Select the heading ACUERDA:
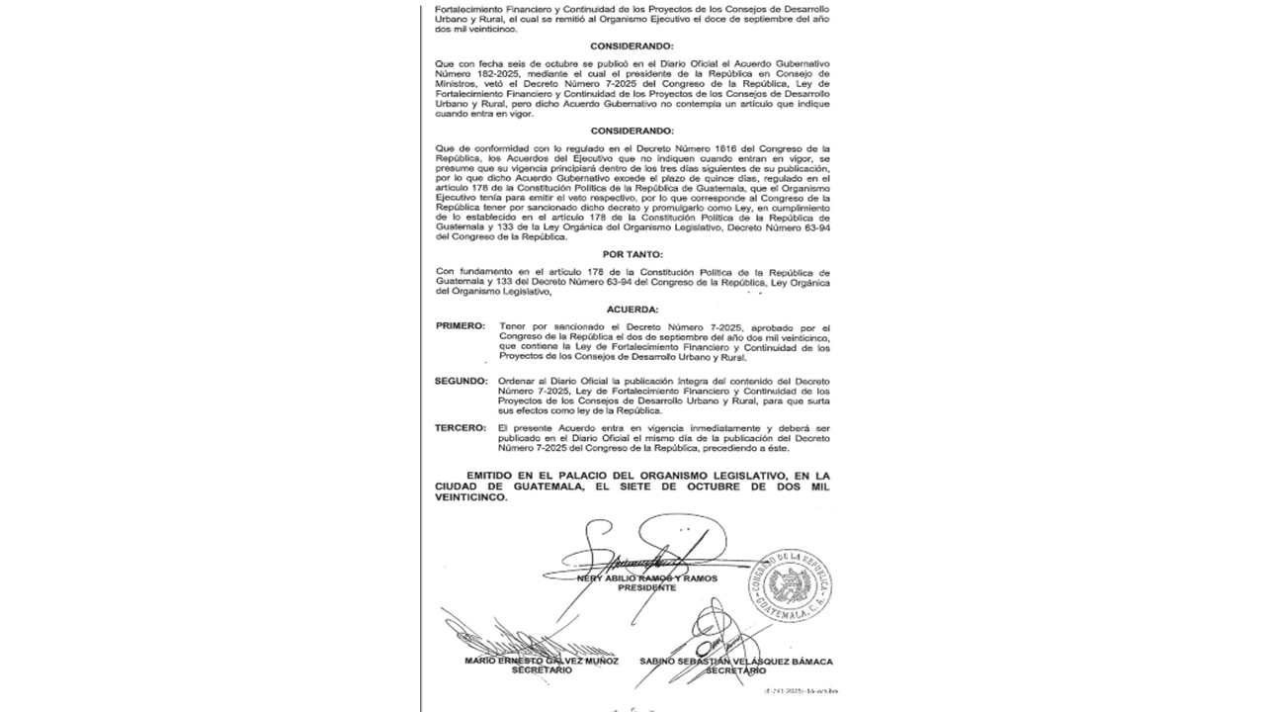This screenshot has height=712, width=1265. pyautogui.click(x=632, y=310)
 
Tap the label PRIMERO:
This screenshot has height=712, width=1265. pyautogui.click(x=460, y=326)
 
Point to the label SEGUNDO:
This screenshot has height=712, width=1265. pyautogui.click(x=461, y=381)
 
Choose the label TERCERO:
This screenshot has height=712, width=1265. pyautogui.click(x=461, y=426)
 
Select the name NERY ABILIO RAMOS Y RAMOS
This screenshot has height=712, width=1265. pyautogui.click(x=647, y=578)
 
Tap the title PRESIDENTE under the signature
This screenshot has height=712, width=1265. pyautogui.click(x=647, y=587)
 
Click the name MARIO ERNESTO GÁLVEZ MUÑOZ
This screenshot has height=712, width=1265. pyautogui.click(x=542, y=661)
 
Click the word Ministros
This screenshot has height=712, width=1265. pyautogui.click(x=455, y=83)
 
